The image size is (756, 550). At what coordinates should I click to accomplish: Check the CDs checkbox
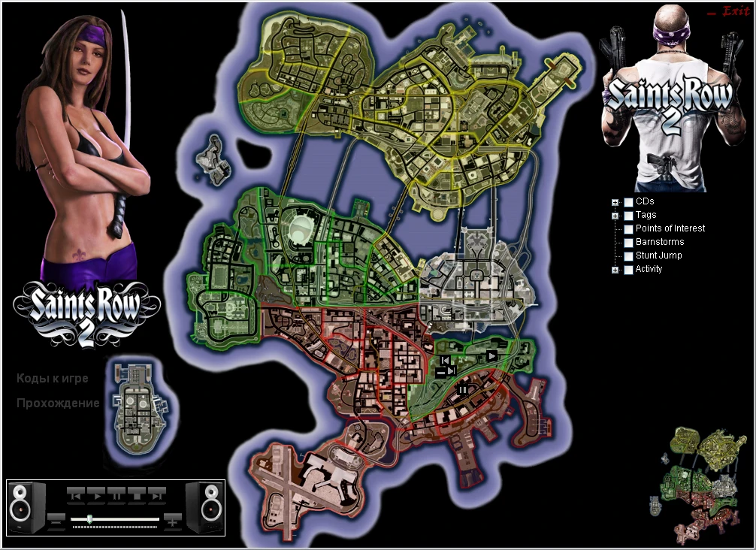click(x=628, y=202)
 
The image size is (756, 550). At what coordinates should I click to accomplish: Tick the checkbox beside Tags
click(x=628, y=216)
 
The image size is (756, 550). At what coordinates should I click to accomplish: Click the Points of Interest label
click(x=670, y=228)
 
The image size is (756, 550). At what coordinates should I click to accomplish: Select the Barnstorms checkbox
click(x=628, y=243)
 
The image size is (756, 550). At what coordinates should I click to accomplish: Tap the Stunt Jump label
click(x=658, y=255)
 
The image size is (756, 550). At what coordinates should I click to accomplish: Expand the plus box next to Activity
click(x=615, y=270)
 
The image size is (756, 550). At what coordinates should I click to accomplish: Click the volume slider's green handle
click(x=90, y=518)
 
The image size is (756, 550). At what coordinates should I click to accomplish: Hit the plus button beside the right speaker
click(x=173, y=518)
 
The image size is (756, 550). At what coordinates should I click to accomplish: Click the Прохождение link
click(x=58, y=403)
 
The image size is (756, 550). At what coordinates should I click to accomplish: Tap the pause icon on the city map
click(x=463, y=389)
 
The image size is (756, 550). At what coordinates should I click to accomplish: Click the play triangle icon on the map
click(x=491, y=355)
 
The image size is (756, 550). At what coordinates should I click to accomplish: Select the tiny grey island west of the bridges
click(x=212, y=159)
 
